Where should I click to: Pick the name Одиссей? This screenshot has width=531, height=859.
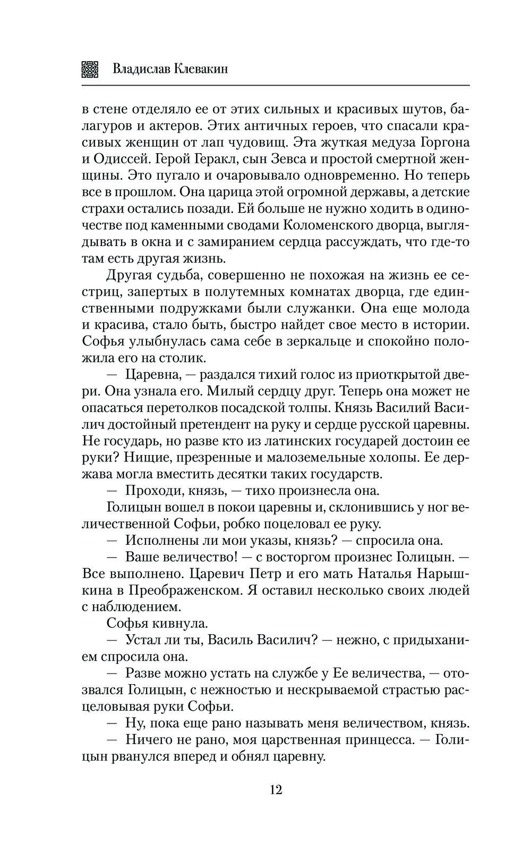122,159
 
